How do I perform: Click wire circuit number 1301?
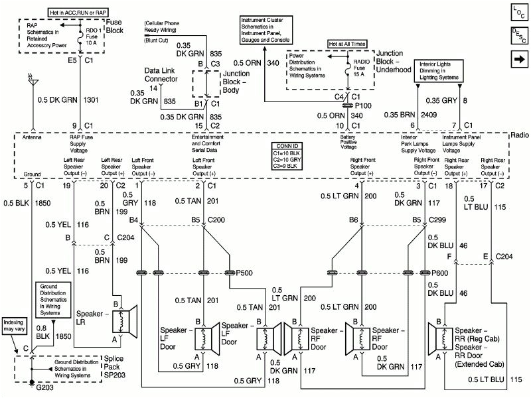coord(93,100)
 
